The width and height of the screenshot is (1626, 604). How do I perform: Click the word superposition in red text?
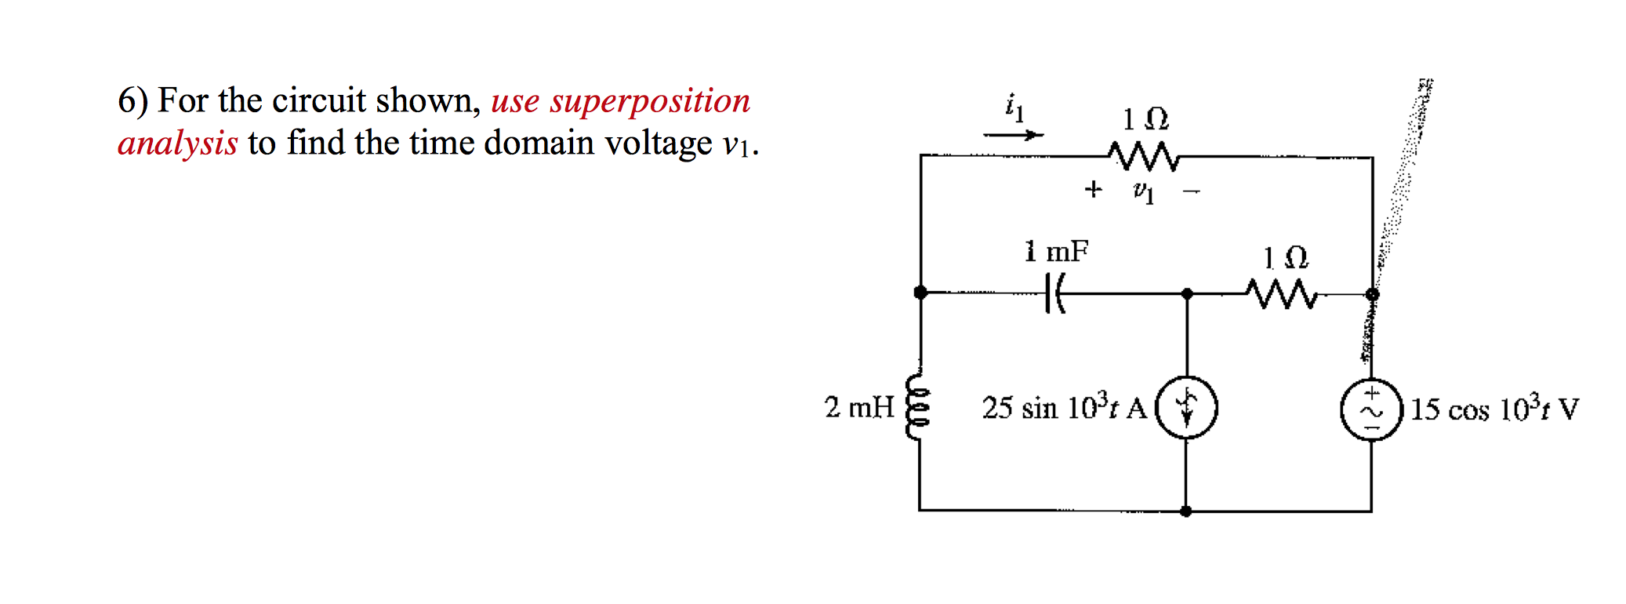[650, 102]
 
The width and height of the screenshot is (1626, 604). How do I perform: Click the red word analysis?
[178, 144]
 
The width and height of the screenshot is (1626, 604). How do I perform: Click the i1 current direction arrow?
[1013, 135]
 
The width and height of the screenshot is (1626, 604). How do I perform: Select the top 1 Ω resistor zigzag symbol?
[1145, 156]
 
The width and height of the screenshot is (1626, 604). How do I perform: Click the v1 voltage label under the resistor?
[1144, 191]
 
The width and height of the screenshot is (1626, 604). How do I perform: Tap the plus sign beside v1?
[1093, 189]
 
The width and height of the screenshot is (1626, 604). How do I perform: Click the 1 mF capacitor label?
[1056, 251]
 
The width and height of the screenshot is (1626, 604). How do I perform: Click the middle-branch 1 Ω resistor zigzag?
[1281, 293]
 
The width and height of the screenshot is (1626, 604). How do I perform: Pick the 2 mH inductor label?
[859, 407]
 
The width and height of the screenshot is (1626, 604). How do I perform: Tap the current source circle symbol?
[1187, 407]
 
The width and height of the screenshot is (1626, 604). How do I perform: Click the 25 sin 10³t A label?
[1064, 408]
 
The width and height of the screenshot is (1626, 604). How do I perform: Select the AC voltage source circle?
[1371, 409]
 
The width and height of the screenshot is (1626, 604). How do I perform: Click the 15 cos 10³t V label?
[1494, 409]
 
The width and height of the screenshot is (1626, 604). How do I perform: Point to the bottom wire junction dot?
[1186, 511]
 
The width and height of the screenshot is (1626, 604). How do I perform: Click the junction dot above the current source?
[1187, 293]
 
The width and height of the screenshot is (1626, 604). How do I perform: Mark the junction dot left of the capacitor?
[920, 293]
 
